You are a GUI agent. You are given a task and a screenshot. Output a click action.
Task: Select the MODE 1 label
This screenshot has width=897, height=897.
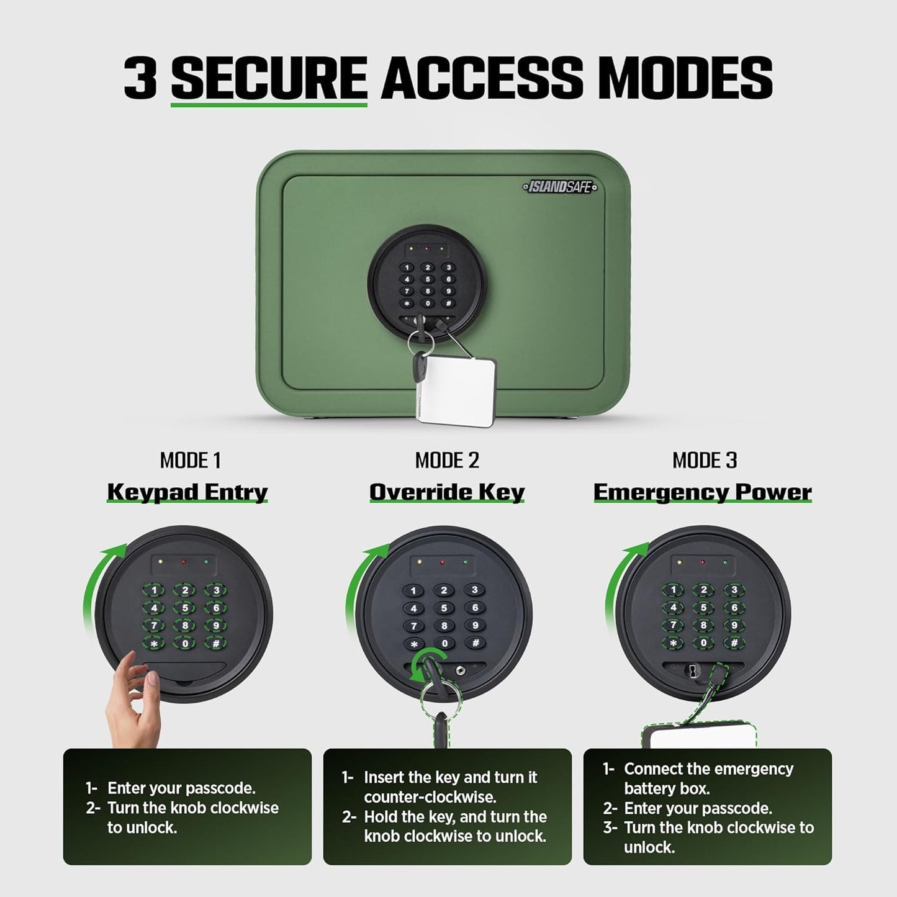coord(190,461)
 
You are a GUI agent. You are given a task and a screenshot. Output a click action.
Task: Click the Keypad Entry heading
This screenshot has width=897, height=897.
coord(187,492)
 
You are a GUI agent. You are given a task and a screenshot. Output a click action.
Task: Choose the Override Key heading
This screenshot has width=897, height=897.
coord(447,492)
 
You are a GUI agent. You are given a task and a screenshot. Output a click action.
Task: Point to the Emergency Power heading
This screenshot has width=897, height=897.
coord(703,492)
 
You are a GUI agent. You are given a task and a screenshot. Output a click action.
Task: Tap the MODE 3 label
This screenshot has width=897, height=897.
coord(705,461)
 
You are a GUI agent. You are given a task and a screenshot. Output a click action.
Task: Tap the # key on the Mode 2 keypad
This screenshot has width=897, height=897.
coord(475,643)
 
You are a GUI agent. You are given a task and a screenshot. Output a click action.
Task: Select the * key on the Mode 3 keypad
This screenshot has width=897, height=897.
coord(673,643)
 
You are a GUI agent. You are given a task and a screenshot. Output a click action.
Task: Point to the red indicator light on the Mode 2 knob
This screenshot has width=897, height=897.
coord(443,562)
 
